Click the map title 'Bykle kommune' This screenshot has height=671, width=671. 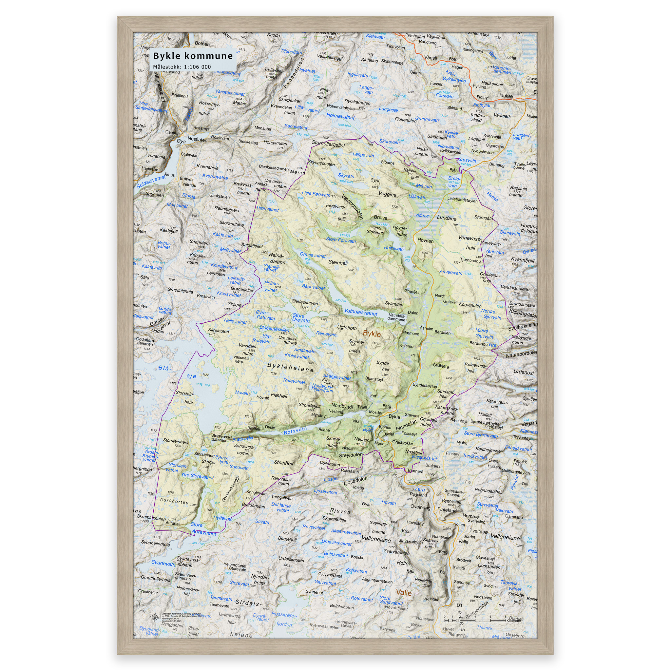pyautogui.click(x=193, y=56)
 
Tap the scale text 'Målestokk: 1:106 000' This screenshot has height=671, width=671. pyautogui.click(x=182, y=67)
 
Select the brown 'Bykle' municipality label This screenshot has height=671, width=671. pyautogui.click(x=372, y=334)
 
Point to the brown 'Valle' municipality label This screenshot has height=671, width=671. pyautogui.click(x=404, y=592)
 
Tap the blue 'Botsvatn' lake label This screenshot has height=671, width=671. pyautogui.click(x=295, y=431)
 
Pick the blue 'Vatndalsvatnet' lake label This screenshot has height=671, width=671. pyautogui.click(x=360, y=312)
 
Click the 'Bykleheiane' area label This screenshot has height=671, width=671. pyautogui.click(x=290, y=367)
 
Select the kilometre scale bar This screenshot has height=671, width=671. pyautogui.click(x=475, y=620)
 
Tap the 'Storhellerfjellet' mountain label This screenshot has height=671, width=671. pyautogui.click(x=328, y=144)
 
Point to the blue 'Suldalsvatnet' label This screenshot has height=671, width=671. pyautogui.click(x=151, y=182)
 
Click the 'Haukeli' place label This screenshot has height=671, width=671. pyautogui.click(x=505, y=96)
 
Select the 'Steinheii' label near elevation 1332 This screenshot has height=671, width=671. pyautogui.click(x=338, y=262)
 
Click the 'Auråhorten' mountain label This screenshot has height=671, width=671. pyautogui.click(x=174, y=501)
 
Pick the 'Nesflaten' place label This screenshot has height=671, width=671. pyautogui.click(x=197, y=139)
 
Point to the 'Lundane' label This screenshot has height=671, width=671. pyautogui.click(x=447, y=218)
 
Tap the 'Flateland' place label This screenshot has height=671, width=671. pyautogui.click(x=447, y=510)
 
